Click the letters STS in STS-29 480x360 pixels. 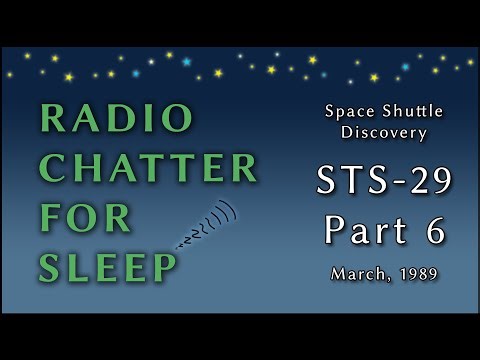[346, 182]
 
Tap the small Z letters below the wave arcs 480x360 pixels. [187, 241]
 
